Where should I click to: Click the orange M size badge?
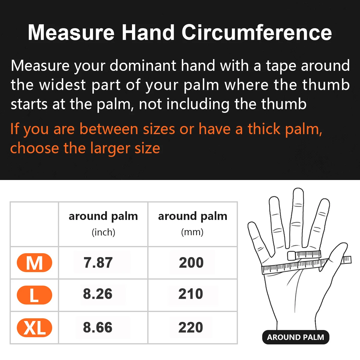click(x=34, y=263)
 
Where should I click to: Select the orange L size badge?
click(x=34, y=295)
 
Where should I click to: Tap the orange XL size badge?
click(x=34, y=328)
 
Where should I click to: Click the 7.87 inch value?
click(x=98, y=263)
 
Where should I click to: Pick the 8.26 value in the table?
click(x=98, y=294)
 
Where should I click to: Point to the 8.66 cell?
click(x=98, y=327)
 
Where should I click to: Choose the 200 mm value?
click(x=191, y=263)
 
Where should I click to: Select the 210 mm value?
click(x=191, y=294)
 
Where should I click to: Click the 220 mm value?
click(x=191, y=327)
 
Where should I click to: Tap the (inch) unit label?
click(x=103, y=232)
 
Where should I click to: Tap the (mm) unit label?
click(x=192, y=232)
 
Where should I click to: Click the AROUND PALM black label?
click(x=295, y=337)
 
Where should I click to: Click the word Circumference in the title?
click(x=256, y=32)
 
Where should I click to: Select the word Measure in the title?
click(x=71, y=32)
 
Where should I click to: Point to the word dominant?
click(x=143, y=66)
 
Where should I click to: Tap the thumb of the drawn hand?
click(x=337, y=255)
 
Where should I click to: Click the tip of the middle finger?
click(x=298, y=193)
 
